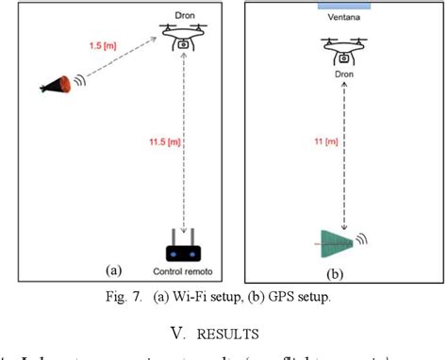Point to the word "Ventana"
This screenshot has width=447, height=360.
[341, 16]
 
